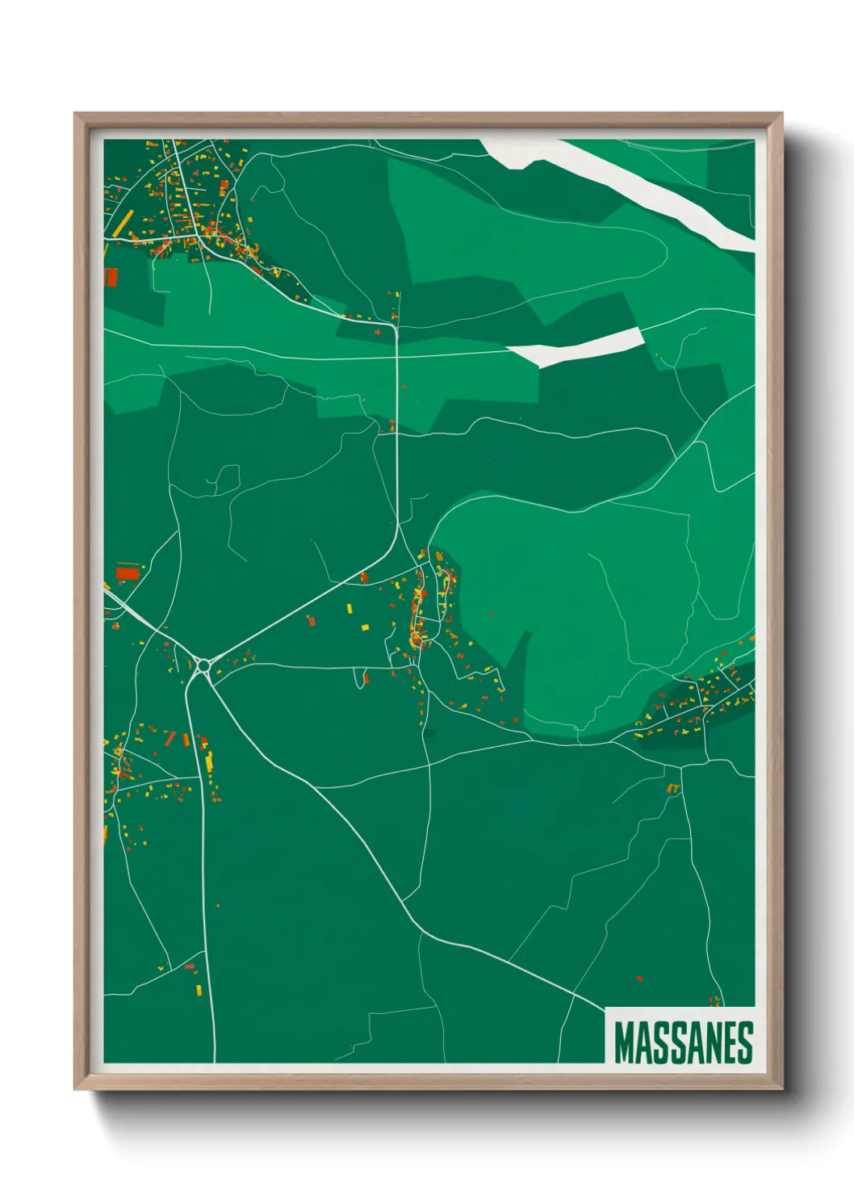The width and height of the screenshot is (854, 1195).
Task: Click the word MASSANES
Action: [683, 1042]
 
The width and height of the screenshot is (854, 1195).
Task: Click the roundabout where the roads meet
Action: [203, 666]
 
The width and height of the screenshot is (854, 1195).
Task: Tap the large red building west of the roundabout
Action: [128, 573]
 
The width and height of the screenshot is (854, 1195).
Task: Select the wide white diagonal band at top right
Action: [638, 190]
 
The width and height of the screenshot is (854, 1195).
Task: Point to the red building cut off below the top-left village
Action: [111, 278]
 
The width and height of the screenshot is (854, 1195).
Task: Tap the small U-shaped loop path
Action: [358, 679]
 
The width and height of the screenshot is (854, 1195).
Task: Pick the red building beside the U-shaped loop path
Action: [366, 679]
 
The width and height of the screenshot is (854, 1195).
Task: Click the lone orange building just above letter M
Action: [639, 979]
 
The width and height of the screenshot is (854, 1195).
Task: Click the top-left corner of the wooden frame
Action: [75, 114]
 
